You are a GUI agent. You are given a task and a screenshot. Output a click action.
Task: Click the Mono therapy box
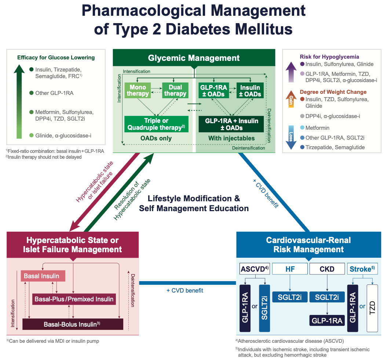point(137,90)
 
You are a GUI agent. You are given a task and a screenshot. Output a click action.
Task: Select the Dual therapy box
point(175,90)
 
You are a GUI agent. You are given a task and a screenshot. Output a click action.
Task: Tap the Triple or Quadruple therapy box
point(156,124)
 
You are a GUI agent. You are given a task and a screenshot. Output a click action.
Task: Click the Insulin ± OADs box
point(250,91)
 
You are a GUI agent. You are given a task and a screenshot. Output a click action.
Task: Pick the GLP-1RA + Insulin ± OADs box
point(231,124)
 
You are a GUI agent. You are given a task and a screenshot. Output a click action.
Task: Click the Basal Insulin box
point(44,276)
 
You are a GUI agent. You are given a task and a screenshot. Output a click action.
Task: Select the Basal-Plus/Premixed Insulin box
point(74,299)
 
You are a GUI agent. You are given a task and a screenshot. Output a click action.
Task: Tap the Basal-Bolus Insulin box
point(73,324)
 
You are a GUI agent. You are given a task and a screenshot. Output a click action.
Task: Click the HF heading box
point(290,269)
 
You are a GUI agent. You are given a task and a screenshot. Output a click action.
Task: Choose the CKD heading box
point(327,269)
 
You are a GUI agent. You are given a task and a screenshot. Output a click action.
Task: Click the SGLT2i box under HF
point(290,297)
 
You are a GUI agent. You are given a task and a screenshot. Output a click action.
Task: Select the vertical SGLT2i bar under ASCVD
point(264,307)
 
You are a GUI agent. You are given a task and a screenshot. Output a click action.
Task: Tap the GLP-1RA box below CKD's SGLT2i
point(327,320)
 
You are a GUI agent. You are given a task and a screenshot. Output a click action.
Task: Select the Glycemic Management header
point(194,58)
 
